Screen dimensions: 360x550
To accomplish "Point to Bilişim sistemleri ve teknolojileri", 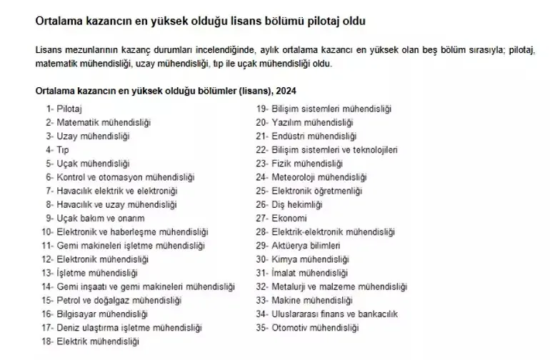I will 334,149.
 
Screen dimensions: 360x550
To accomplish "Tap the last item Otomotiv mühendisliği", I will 313,327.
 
